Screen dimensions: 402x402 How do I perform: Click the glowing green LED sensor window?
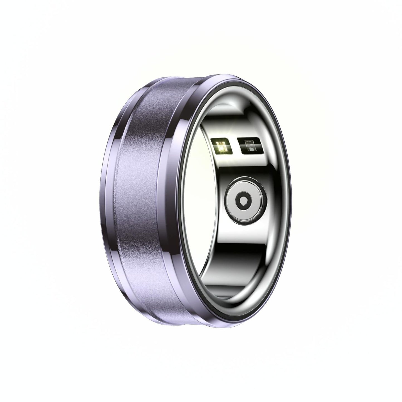pyautogui.click(x=221, y=146)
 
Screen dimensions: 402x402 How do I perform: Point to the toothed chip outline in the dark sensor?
pyautogui.click(x=249, y=144)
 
